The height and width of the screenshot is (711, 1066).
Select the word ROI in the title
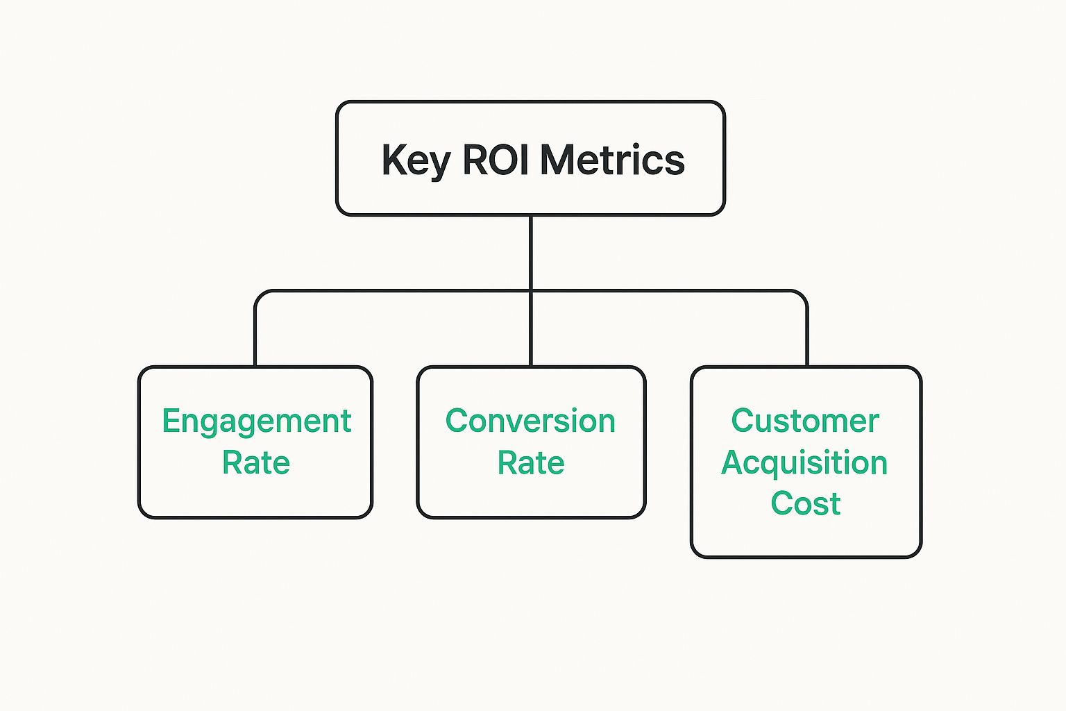point(496,159)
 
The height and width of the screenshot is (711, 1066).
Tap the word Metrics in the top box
point(613,159)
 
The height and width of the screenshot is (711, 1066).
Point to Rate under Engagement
point(255,462)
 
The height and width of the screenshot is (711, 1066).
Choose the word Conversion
point(530,421)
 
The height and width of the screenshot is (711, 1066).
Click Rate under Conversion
point(531,462)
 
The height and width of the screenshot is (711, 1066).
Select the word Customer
point(805,421)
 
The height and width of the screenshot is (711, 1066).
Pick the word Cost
point(806,503)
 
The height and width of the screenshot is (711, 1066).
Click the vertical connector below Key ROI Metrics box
point(531,253)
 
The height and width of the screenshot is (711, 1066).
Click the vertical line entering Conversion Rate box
point(531,328)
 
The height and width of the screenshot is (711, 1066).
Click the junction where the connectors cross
point(531,290)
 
